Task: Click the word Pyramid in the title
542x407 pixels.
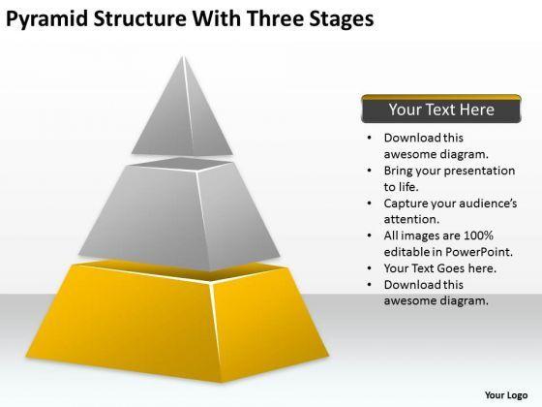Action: click(x=47, y=19)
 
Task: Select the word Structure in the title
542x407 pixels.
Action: click(x=140, y=18)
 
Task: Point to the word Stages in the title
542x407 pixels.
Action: click(x=341, y=20)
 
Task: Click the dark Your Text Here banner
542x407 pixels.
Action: click(x=441, y=109)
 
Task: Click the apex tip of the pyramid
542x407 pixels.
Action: click(x=183, y=56)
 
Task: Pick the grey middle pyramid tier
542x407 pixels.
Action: click(x=179, y=213)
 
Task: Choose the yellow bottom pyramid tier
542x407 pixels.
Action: click(x=177, y=322)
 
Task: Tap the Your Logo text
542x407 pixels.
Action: click(x=506, y=395)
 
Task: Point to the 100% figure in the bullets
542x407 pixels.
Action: click(x=478, y=235)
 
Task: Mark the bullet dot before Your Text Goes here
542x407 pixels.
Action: click(x=370, y=268)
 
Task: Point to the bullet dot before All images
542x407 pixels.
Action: click(x=370, y=235)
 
